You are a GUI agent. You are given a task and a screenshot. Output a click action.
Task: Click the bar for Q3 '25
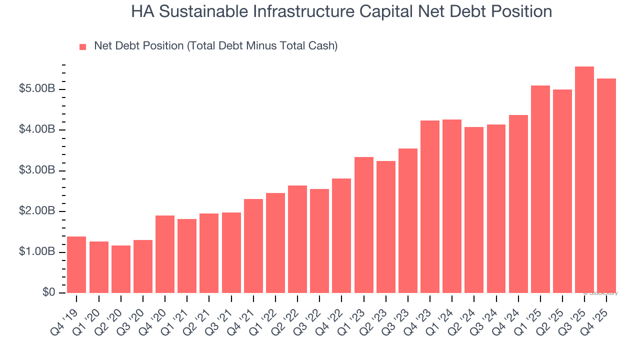584,180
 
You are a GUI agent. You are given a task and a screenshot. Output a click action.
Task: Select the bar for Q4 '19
76,265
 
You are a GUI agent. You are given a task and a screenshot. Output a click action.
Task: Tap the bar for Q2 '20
120,269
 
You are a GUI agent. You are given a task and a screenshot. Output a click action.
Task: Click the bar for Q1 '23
363,225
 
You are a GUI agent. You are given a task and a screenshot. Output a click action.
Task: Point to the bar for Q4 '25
606,185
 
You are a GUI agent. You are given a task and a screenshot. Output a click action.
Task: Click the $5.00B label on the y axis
37,89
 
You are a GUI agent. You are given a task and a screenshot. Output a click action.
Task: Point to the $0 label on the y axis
48,292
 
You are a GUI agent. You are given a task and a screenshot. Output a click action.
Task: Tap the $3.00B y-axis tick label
37,170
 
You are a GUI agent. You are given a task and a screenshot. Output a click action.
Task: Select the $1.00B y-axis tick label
37,252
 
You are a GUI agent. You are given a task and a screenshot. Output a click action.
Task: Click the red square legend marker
83,46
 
